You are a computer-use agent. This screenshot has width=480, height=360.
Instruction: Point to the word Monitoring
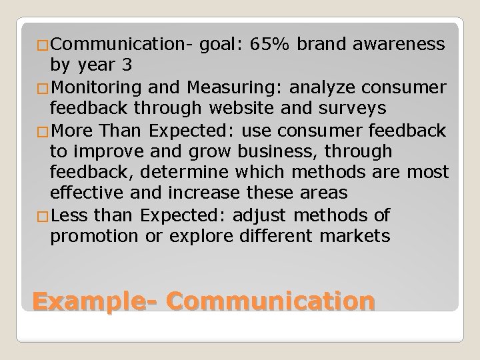[x=95, y=87]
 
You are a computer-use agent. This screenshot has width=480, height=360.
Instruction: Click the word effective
[x=90, y=194]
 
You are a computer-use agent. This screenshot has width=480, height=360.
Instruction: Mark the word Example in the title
[x=91, y=301]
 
